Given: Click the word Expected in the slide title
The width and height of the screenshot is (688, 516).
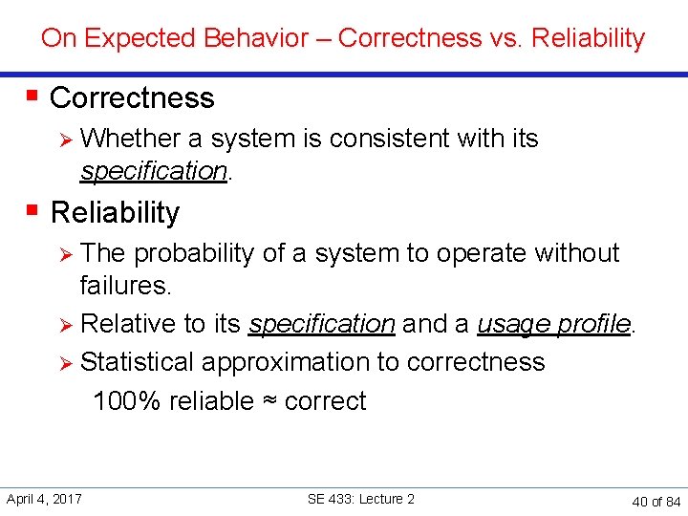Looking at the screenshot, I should tap(128, 38).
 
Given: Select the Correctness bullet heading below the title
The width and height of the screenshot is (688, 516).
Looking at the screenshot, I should tap(132, 97).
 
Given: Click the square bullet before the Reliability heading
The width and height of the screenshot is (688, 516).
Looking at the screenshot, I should tap(32, 209).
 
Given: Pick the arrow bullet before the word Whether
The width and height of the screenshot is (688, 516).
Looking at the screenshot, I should tap(66, 140).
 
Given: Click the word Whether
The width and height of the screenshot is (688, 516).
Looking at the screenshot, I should tap(131, 139).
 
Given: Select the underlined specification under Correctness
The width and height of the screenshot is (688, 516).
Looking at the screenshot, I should tap(153, 171).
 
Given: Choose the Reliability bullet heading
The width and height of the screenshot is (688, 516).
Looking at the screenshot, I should tap(115, 212).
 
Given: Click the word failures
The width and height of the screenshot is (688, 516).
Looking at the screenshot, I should tap(124, 286).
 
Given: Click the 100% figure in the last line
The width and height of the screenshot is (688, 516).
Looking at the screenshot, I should tap(126, 400).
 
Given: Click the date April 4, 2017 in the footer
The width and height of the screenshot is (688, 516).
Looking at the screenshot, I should tap(44, 499).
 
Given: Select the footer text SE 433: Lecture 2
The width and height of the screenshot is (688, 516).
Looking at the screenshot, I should tap(361, 499).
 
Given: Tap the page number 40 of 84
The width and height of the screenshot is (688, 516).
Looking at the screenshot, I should tap(656, 501).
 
